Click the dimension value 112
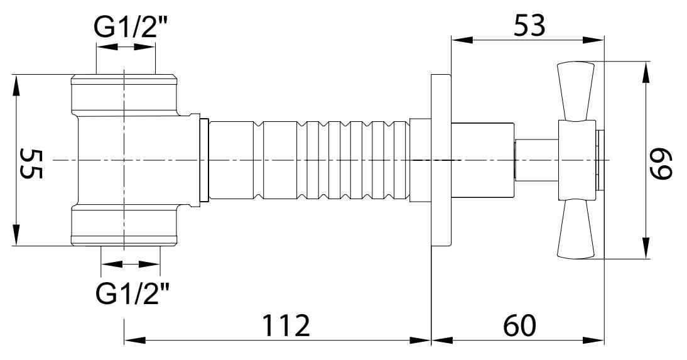coord(286,325)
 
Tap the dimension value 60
coord(519,325)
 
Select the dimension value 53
coord(530,25)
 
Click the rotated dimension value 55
coord(31,163)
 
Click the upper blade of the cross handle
coord(576,92)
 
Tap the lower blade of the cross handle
coord(576,228)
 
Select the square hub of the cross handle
coord(577,160)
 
